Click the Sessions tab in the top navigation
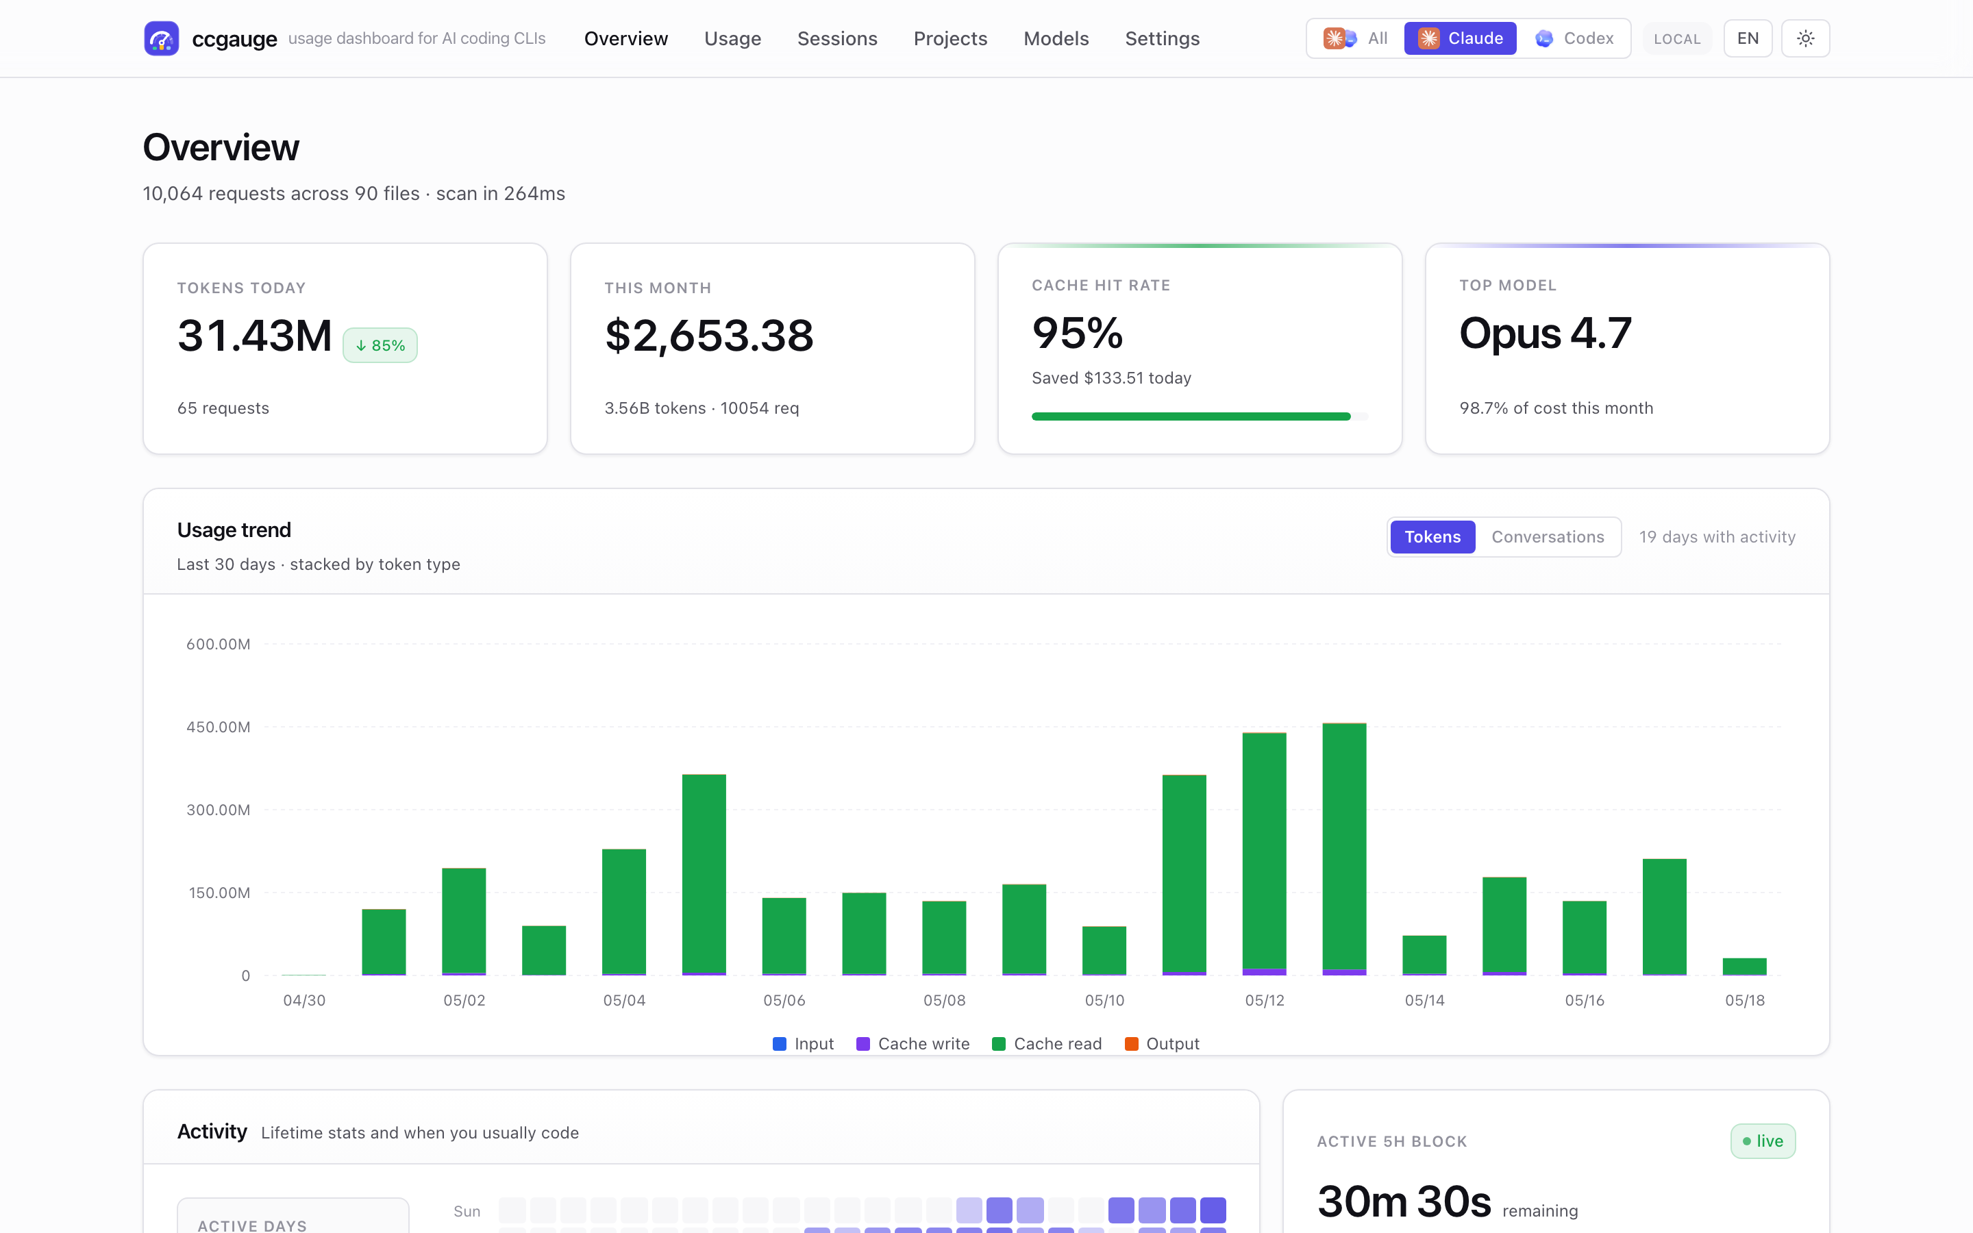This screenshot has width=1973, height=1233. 836,38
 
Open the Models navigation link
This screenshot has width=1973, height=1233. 1056,38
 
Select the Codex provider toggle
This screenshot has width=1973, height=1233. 1574,38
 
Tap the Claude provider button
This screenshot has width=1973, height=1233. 1460,38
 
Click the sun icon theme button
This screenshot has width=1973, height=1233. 1805,38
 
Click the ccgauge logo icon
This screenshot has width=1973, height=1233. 162,38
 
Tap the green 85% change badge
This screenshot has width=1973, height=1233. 380,345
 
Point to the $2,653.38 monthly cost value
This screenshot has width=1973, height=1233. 708,335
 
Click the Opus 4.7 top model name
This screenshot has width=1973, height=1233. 1545,333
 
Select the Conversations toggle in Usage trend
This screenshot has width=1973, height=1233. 1548,536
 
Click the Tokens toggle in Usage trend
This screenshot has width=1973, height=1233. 1432,536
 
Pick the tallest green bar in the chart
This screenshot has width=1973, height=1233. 1344,849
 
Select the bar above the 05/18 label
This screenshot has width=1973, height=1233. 1745,967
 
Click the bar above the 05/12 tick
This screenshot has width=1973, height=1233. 1265,854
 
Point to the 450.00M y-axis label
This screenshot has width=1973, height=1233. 219,727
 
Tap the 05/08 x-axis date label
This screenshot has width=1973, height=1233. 944,1000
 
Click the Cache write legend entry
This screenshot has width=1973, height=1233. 913,1044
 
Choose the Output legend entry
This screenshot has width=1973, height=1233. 1162,1044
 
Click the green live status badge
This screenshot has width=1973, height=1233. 1763,1141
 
